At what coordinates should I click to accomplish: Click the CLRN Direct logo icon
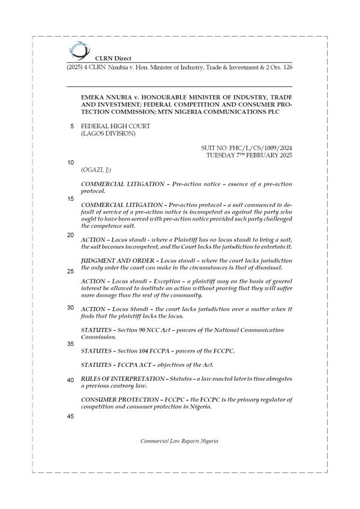point(76,50)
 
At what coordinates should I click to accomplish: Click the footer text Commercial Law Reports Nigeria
point(179,441)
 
